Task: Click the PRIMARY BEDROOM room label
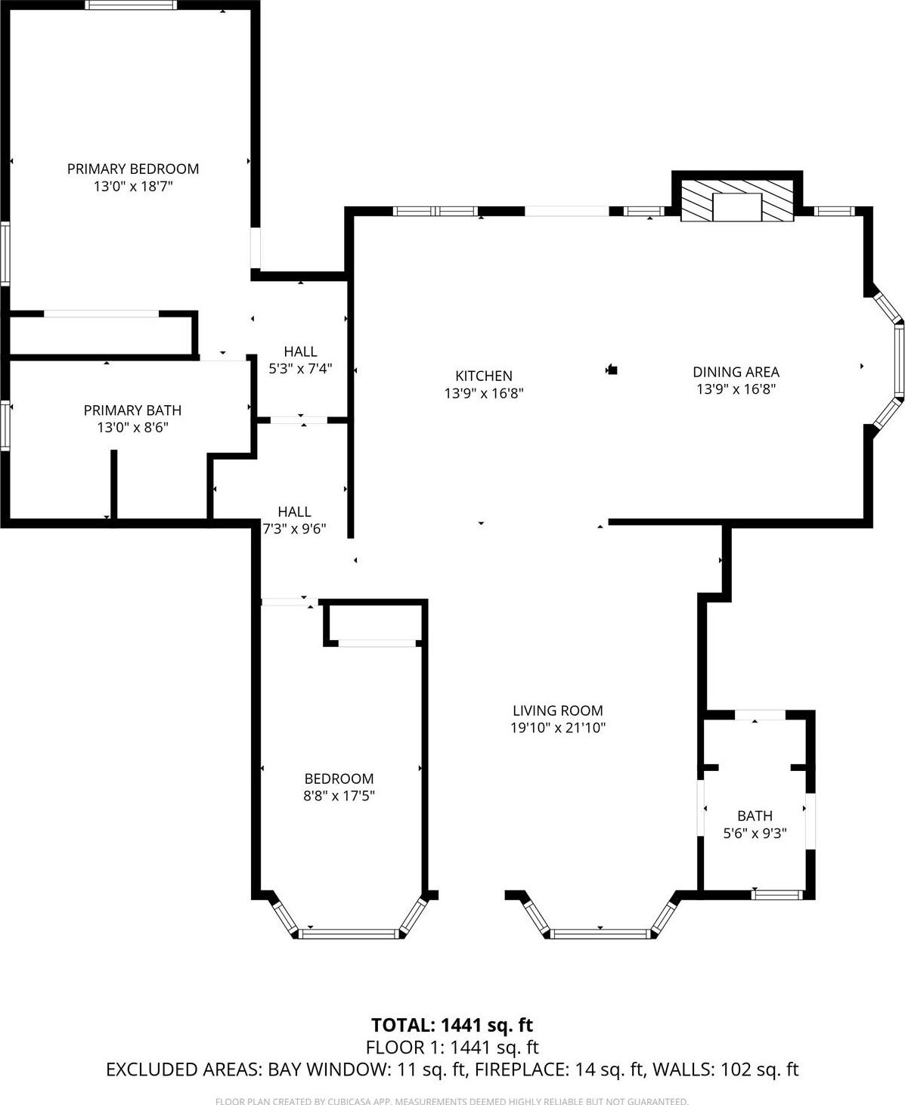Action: pyautogui.click(x=133, y=169)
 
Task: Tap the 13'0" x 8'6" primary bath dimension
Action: pyautogui.click(x=132, y=428)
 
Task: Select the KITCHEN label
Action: pyautogui.click(x=484, y=376)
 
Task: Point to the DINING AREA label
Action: pyautogui.click(x=736, y=372)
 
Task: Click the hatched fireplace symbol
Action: pyautogui.click(x=737, y=200)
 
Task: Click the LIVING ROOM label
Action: pyautogui.click(x=558, y=710)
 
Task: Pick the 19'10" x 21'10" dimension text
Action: pyautogui.click(x=558, y=728)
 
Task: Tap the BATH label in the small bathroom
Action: pyautogui.click(x=755, y=816)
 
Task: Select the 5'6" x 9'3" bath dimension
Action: pyautogui.click(x=755, y=833)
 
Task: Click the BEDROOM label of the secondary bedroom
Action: pyautogui.click(x=339, y=778)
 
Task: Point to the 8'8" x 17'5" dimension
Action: pyautogui.click(x=339, y=796)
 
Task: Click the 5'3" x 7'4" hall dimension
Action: pyautogui.click(x=300, y=369)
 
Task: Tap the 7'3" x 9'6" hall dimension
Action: pyautogui.click(x=294, y=529)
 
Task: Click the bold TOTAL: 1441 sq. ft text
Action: pyautogui.click(x=452, y=1025)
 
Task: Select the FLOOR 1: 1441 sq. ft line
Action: pyautogui.click(x=452, y=1048)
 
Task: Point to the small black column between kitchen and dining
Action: pyautogui.click(x=613, y=370)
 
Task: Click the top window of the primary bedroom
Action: pyautogui.click(x=131, y=5)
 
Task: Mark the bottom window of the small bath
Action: pyautogui.click(x=776, y=895)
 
